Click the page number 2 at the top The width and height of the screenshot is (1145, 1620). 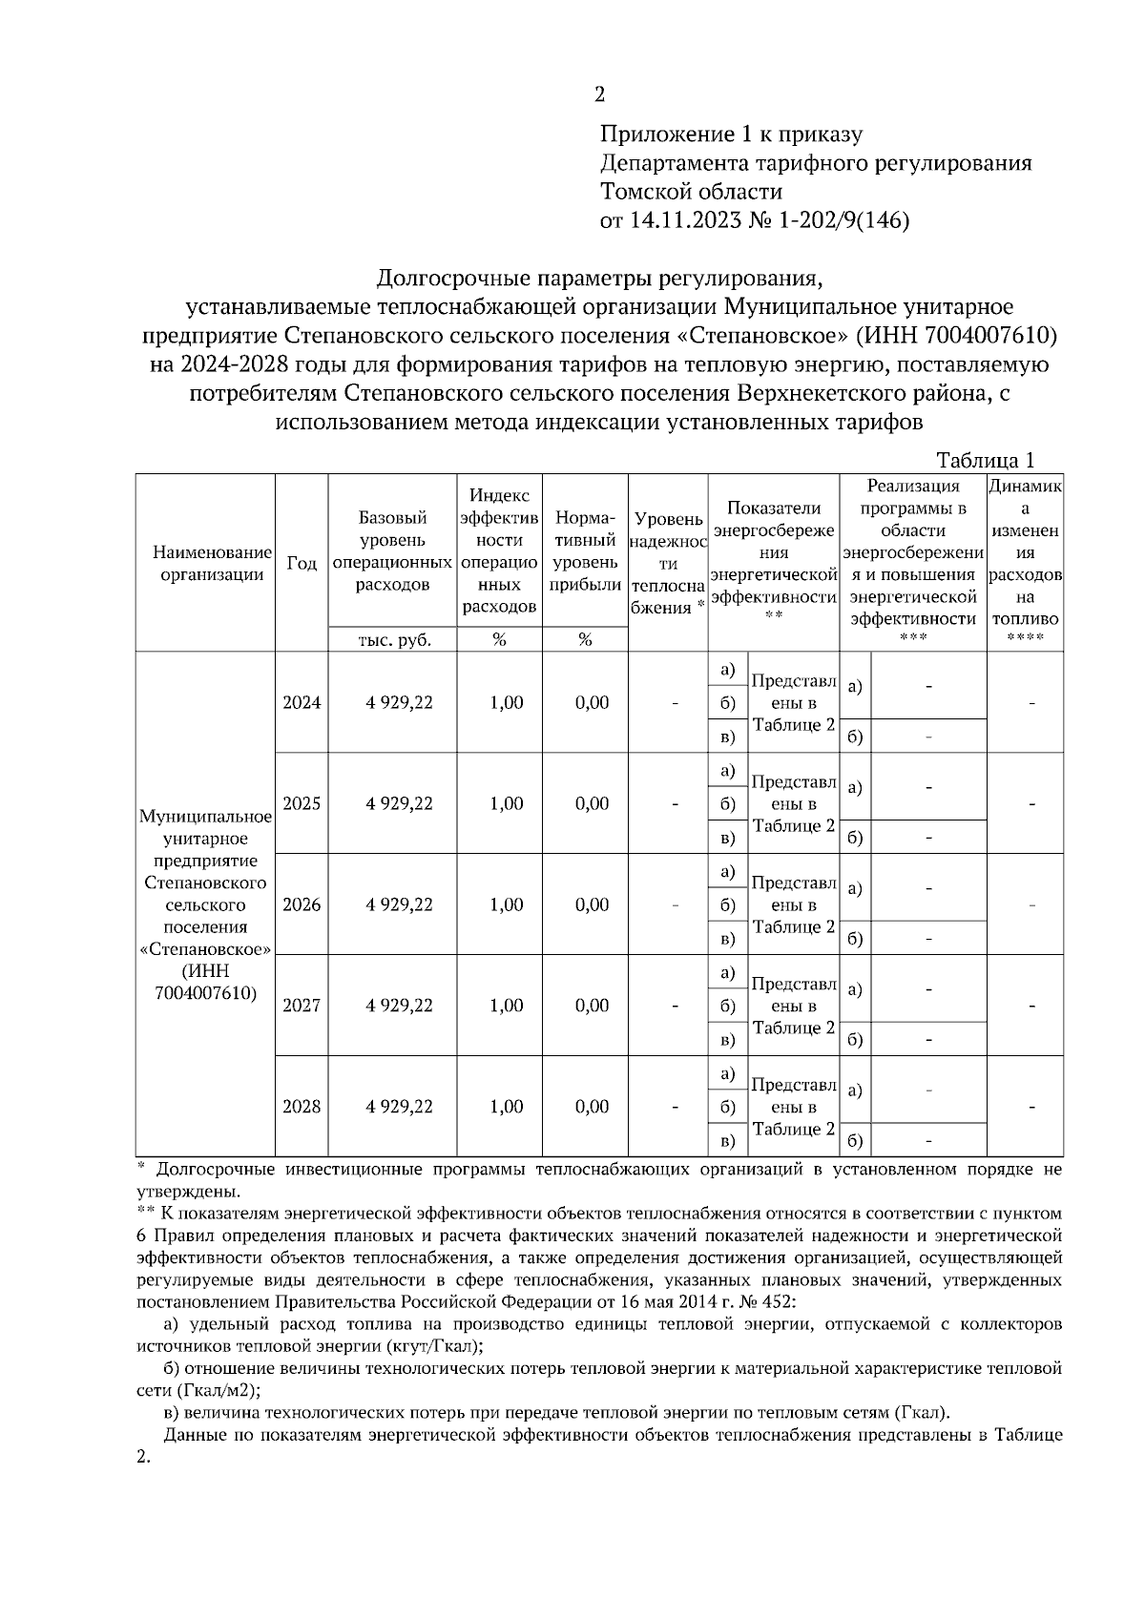[x=599, y=93]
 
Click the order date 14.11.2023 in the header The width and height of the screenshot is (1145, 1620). [x=682, y=220]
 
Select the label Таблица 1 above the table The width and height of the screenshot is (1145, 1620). [x=986, y=461]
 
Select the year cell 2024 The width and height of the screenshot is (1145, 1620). [x=302, y=702]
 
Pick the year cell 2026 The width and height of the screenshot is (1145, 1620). [x=302, y=904]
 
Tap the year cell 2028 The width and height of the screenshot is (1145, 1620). [x=302, y=1107]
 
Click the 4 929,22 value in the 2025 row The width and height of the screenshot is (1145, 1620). [x=399, y=803]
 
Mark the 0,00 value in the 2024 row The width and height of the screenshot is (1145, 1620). [x=592, y=702]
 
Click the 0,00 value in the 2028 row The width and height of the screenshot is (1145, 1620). [x=592, y=1107]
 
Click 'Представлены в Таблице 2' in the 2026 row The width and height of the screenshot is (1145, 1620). [x=793, y=904]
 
